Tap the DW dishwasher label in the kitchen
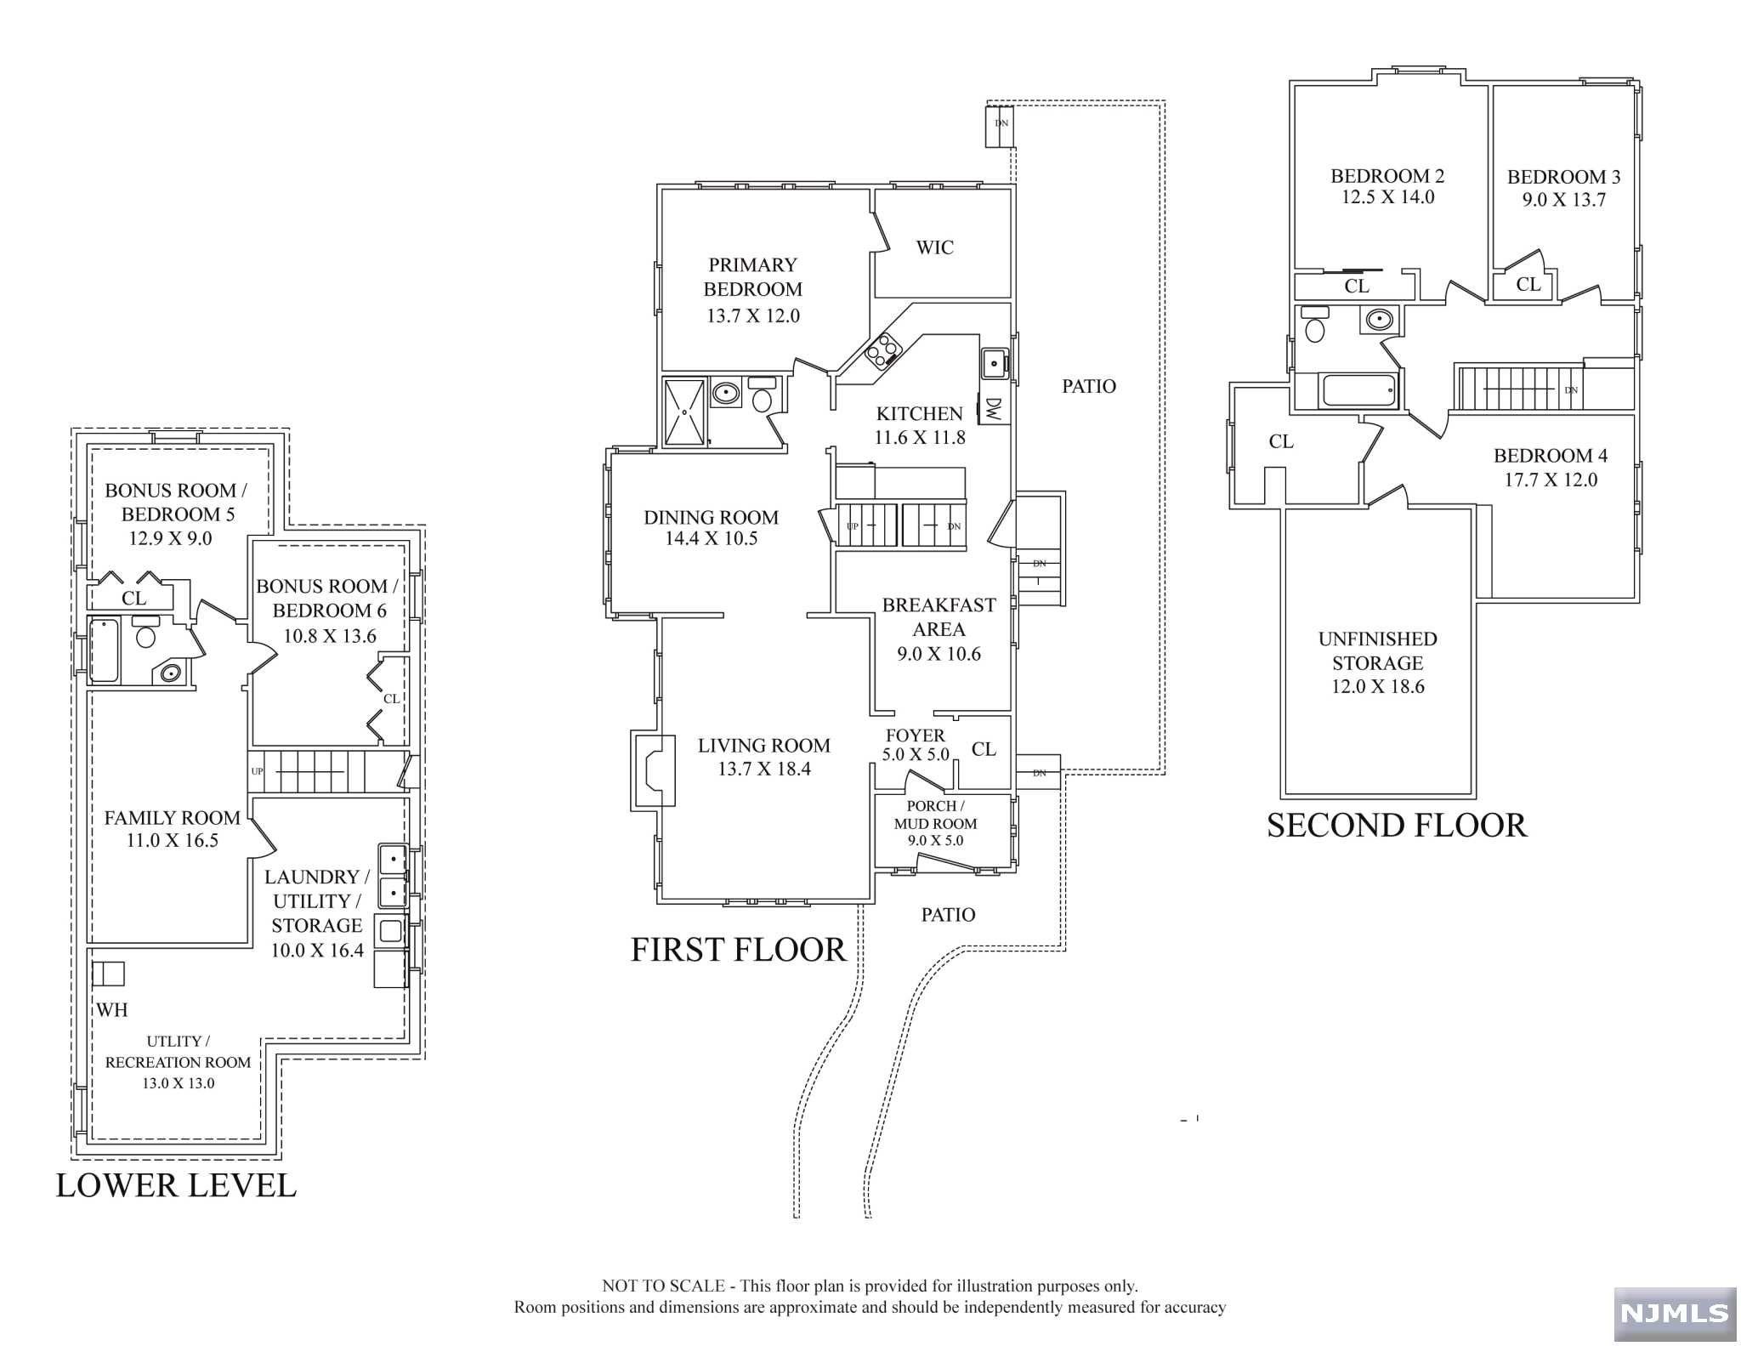(x=994, y=410)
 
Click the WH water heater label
(x=111, y=1009)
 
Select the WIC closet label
(x=934, y=247)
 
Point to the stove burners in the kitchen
(x=882, y=349)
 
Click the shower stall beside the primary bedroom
(x=684, y=412)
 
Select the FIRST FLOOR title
(x=738, y=950)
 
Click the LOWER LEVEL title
(x=176, y=1185)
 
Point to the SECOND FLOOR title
(x=1397, y=826)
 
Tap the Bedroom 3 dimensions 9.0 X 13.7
(x=1563, y=200)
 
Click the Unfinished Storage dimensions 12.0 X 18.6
(x=1377, y=686)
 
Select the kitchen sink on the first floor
(x=993, y=363)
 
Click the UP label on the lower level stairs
(x=257, y=771)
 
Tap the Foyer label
(x=915, y=735)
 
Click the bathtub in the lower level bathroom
(x=104, y=650)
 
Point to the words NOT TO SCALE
(x=663, y=1286)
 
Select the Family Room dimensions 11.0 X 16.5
(x=172, y=841)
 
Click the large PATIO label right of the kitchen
(x=1088, y=386)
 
